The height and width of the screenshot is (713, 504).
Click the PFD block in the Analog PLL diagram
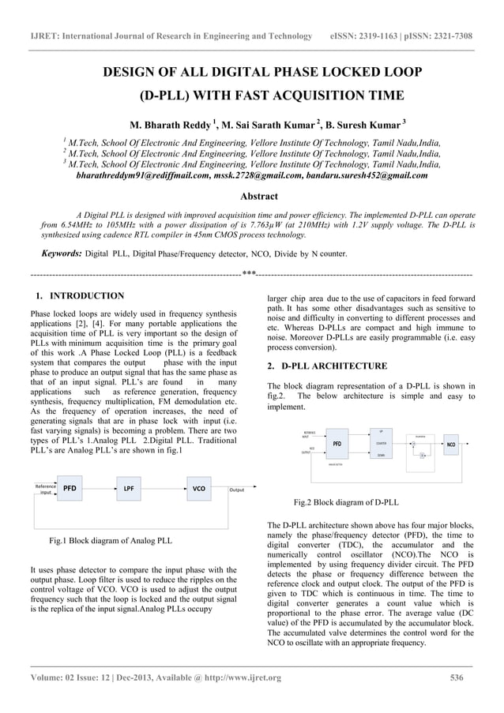(70, 489)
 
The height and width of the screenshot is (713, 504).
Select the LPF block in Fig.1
(126, 489)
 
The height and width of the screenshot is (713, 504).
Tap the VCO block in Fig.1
(199, 489)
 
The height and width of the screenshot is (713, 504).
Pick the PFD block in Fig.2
(336, 444)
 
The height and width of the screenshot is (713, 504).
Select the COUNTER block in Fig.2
(381, 444)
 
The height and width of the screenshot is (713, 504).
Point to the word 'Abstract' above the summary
(258, 196)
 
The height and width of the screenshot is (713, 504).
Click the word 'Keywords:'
(62, 255)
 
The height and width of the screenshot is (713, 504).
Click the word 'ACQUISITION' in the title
(297, 96)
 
